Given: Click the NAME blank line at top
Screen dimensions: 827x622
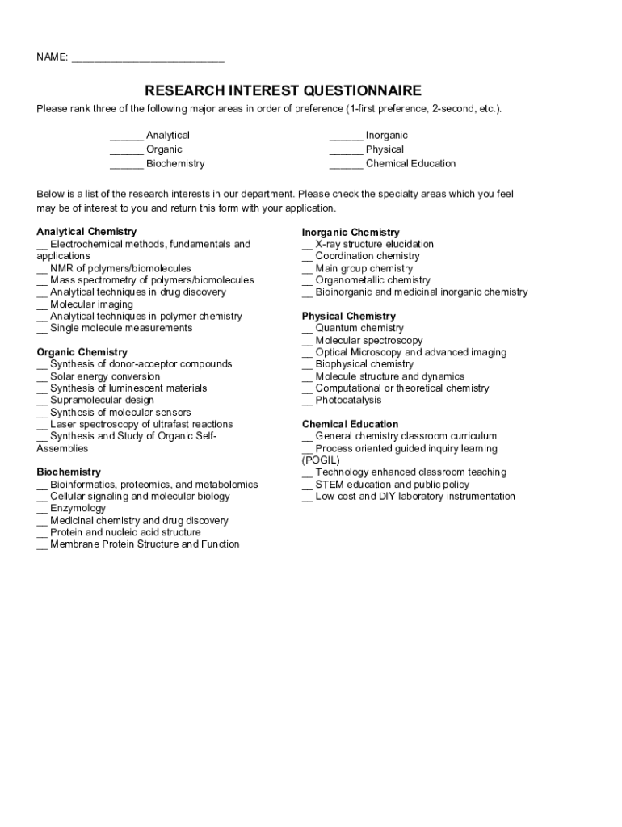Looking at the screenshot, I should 148,59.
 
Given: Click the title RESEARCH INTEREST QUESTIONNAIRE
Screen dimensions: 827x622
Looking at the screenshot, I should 283,90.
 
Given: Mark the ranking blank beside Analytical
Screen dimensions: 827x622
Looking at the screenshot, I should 126,136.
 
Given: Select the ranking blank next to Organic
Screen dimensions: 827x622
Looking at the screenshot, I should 126,150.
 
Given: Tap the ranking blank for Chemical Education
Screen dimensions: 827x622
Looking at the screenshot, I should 346,165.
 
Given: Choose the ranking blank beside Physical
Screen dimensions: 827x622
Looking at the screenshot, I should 346,150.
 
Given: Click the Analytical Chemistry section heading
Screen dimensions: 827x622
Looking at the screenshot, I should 86,232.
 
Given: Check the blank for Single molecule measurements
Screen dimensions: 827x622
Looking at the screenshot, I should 42,330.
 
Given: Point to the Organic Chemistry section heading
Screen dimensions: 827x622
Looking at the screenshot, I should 82,352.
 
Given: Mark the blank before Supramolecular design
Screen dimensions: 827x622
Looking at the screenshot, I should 42,401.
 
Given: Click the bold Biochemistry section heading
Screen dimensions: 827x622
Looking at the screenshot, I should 69,472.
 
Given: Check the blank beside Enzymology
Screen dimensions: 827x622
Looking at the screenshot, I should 42,510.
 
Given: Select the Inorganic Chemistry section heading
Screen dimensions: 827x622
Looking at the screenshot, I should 351,233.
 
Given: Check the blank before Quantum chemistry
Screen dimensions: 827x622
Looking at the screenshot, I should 308,330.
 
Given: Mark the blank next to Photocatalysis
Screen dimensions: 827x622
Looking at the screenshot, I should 308,401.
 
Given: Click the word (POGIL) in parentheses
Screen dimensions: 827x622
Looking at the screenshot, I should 321,460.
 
